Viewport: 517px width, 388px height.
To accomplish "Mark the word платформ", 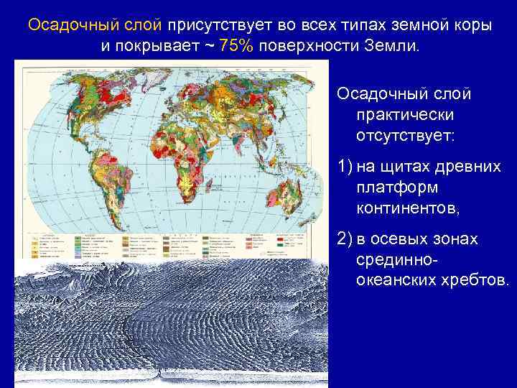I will (x=391, y=188).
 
